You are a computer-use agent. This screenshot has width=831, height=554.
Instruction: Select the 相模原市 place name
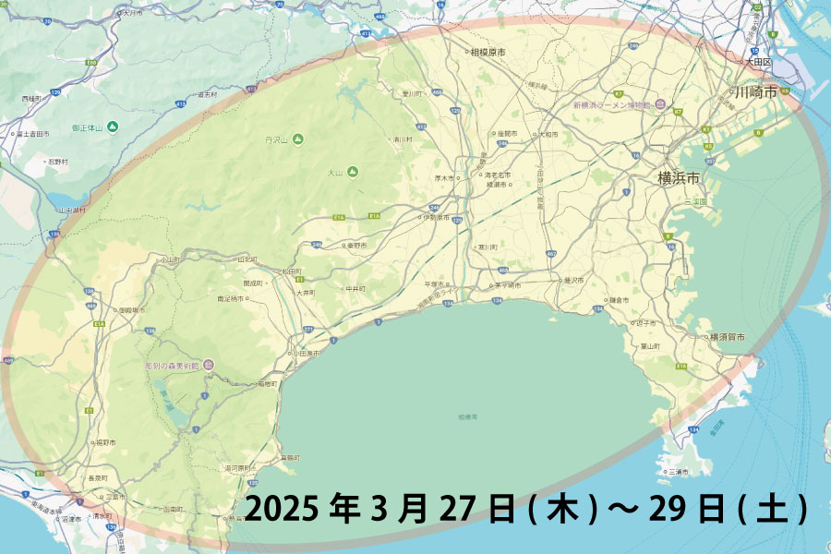pyautogui.click(x=488, y=53)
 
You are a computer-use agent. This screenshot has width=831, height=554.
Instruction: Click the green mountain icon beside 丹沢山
pyautogui.click(x=298, y=139)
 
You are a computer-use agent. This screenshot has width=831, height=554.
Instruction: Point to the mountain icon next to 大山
pyautogui.click(x=352, y=172)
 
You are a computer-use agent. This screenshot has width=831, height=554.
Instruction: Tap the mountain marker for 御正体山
pyautogui.click(x=113, y=126)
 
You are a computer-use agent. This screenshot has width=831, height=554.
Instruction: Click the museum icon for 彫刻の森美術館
pyautogui.click(x=209, y=364)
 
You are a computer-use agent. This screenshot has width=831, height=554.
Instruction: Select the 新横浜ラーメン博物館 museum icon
pyautogui.click(x=661, y=105)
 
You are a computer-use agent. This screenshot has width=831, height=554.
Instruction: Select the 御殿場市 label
pyautogui.click(x=134, y=310)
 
